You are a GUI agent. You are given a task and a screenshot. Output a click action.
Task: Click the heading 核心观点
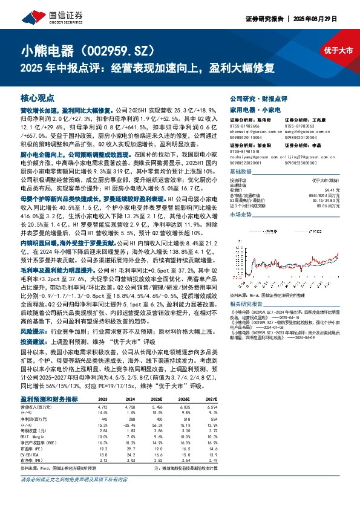point(38,97)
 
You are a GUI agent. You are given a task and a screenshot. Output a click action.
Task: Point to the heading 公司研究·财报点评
point(258,97)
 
